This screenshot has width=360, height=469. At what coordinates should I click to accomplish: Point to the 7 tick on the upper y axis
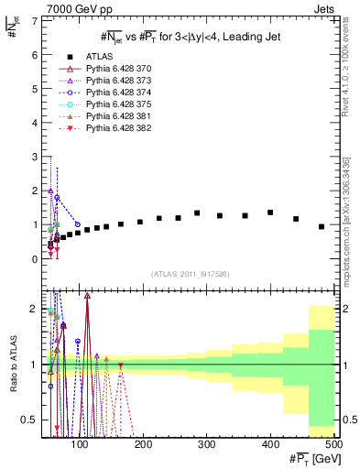point(35,20)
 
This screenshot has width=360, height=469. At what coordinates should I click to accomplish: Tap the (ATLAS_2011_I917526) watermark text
point(190,274)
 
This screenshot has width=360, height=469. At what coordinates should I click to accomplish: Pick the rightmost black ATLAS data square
point(322,226)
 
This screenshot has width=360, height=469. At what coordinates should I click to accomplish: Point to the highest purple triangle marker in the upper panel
point(50,191)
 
